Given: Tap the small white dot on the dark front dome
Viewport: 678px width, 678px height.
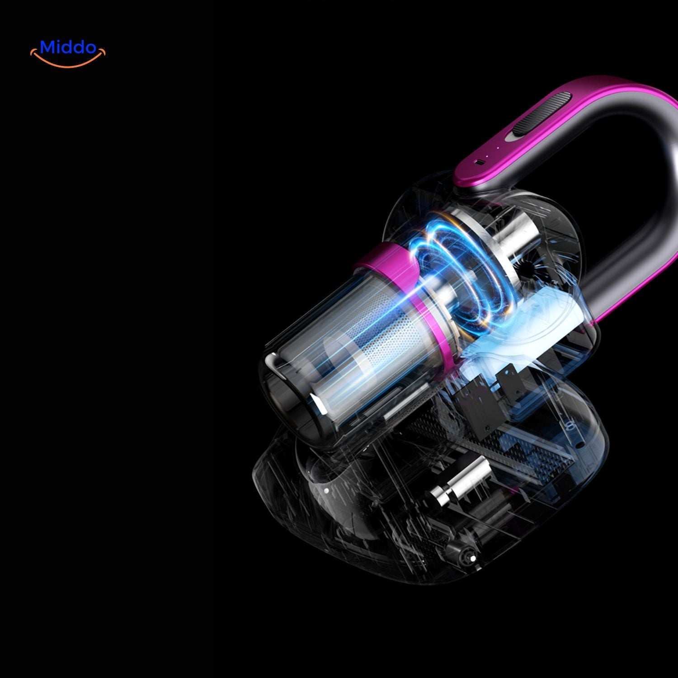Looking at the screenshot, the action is pos(325,489).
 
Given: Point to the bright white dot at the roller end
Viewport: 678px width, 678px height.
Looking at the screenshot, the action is pos(472,559).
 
